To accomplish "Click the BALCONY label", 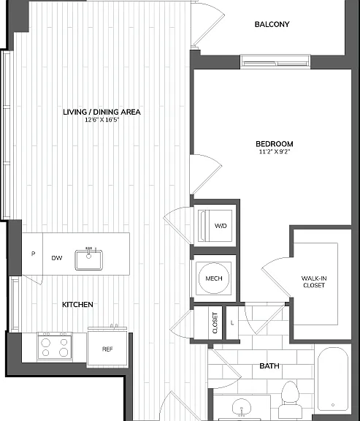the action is point(272,24).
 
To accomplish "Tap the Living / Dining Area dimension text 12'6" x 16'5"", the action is point(102,120).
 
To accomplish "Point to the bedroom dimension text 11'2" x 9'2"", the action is point(275,152).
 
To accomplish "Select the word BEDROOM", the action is point(275,144).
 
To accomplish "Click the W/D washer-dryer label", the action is point(221,226).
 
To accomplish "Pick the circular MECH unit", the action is point(214,278).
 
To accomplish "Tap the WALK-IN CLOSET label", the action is point(314,282).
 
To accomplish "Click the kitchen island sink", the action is point(89,259).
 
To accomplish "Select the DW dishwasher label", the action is point(57,258).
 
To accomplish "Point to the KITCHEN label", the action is point(77,305).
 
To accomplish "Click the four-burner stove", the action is point(55,346).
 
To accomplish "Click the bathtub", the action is point(333,380).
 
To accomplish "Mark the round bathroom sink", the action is point(242,408).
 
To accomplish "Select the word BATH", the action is point(269,366).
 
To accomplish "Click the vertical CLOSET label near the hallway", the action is point(215,323).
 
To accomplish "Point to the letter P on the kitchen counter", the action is point(34,254).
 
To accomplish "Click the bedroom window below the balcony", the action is point(275,61).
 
